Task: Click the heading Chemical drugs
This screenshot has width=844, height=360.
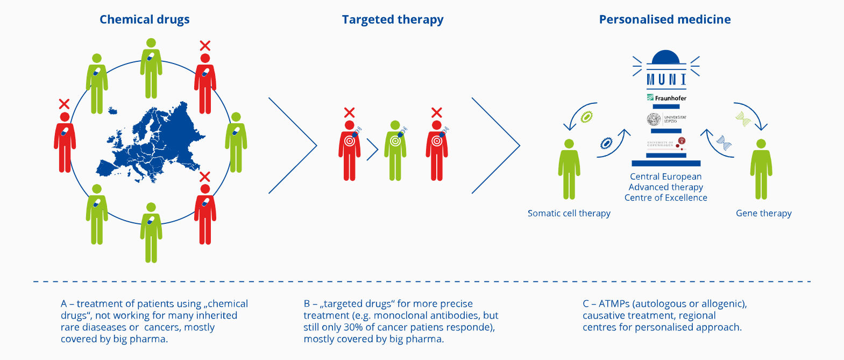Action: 144,19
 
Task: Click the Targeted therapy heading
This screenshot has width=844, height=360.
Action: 393,19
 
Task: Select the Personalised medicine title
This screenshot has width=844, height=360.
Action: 665,19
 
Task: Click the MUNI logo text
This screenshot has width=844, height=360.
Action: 666,80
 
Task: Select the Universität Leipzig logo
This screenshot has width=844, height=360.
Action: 666,119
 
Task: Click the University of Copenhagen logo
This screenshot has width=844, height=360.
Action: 666,144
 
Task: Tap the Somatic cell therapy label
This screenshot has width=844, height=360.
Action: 569,213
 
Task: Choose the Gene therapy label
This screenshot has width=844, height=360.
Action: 763,213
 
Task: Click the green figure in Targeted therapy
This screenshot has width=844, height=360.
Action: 395,151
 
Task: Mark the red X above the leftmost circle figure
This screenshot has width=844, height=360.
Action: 64,104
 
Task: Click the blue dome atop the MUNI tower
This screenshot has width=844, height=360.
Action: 665,57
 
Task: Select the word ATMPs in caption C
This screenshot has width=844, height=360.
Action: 614,303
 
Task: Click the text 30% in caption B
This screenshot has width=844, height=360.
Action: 353,327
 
